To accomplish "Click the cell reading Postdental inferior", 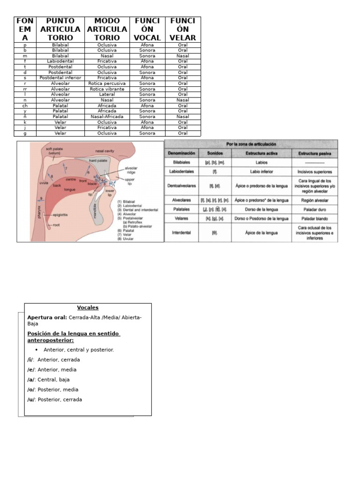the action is (60, 78).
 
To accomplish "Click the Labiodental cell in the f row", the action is (60, 61).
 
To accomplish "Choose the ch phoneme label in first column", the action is (25, 105).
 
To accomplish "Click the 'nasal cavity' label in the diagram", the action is (105, 151).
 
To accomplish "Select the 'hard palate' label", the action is (98, 160).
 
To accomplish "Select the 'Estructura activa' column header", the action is (262, 153).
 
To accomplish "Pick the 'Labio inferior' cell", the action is (262, 172).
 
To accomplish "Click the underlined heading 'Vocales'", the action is (88, 307).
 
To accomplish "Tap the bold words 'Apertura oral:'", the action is (47, 317).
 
